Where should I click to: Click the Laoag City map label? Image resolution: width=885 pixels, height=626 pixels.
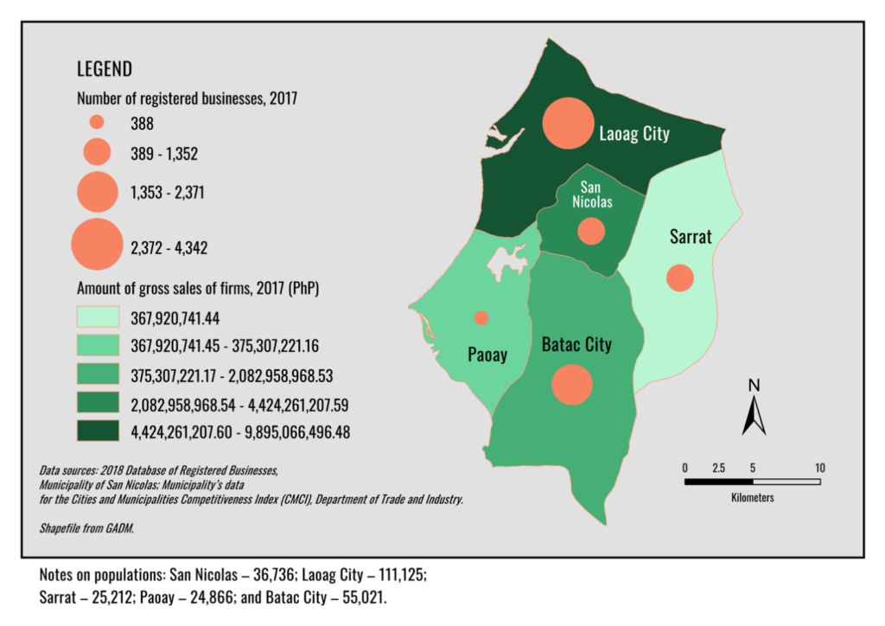[x=634, y=134]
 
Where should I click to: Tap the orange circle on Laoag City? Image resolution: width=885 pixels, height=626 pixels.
[x=568, y=123]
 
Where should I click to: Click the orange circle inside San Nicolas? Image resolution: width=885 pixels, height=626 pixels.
[x=591, y=231]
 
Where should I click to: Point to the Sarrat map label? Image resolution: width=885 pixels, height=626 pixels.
[x=691, y=236]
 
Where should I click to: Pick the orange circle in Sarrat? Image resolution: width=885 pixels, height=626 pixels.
[x=680, y=278]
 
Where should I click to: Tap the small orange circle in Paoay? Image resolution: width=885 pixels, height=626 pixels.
[x=481, y=317]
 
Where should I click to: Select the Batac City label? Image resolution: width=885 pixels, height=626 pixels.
[x=576, y=345]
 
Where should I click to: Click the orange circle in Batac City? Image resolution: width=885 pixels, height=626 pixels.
[x=571, y=384]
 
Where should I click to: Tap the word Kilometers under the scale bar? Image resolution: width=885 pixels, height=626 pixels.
[x=752, y=498]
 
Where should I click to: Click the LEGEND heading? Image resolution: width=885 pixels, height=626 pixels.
[x=105, y=69]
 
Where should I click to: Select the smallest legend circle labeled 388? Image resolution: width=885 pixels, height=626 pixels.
[x=97, y=123]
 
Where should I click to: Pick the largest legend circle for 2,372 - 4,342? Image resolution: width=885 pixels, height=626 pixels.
[x=97, y=246]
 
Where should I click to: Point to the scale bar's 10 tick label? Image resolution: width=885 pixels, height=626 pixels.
[x=819, y=468]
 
